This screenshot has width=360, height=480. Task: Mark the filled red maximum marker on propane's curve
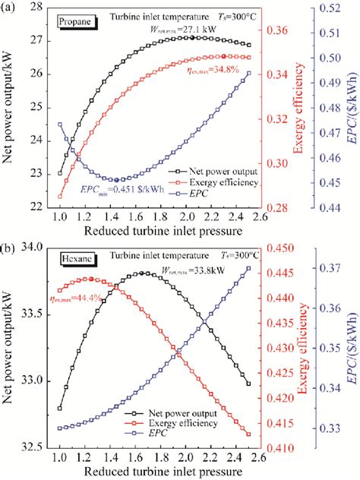(223, 56)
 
